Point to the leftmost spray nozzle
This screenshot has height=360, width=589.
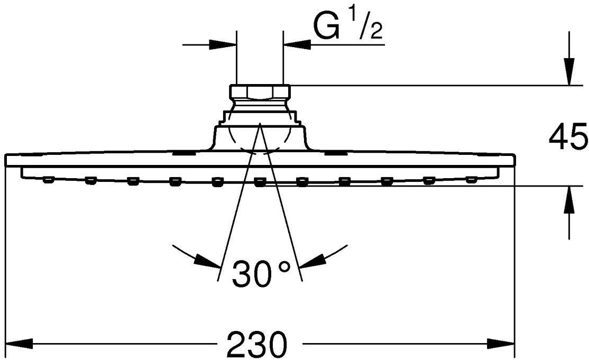(48, 180)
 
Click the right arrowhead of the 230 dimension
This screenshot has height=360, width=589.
(502, 344)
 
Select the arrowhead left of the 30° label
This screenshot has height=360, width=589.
(207, 261)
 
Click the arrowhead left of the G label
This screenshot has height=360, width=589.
(297, 44)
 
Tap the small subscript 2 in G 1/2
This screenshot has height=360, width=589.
(376, 34)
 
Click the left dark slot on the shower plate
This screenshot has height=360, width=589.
(182, 153)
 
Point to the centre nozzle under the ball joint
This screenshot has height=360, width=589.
(259, 182)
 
